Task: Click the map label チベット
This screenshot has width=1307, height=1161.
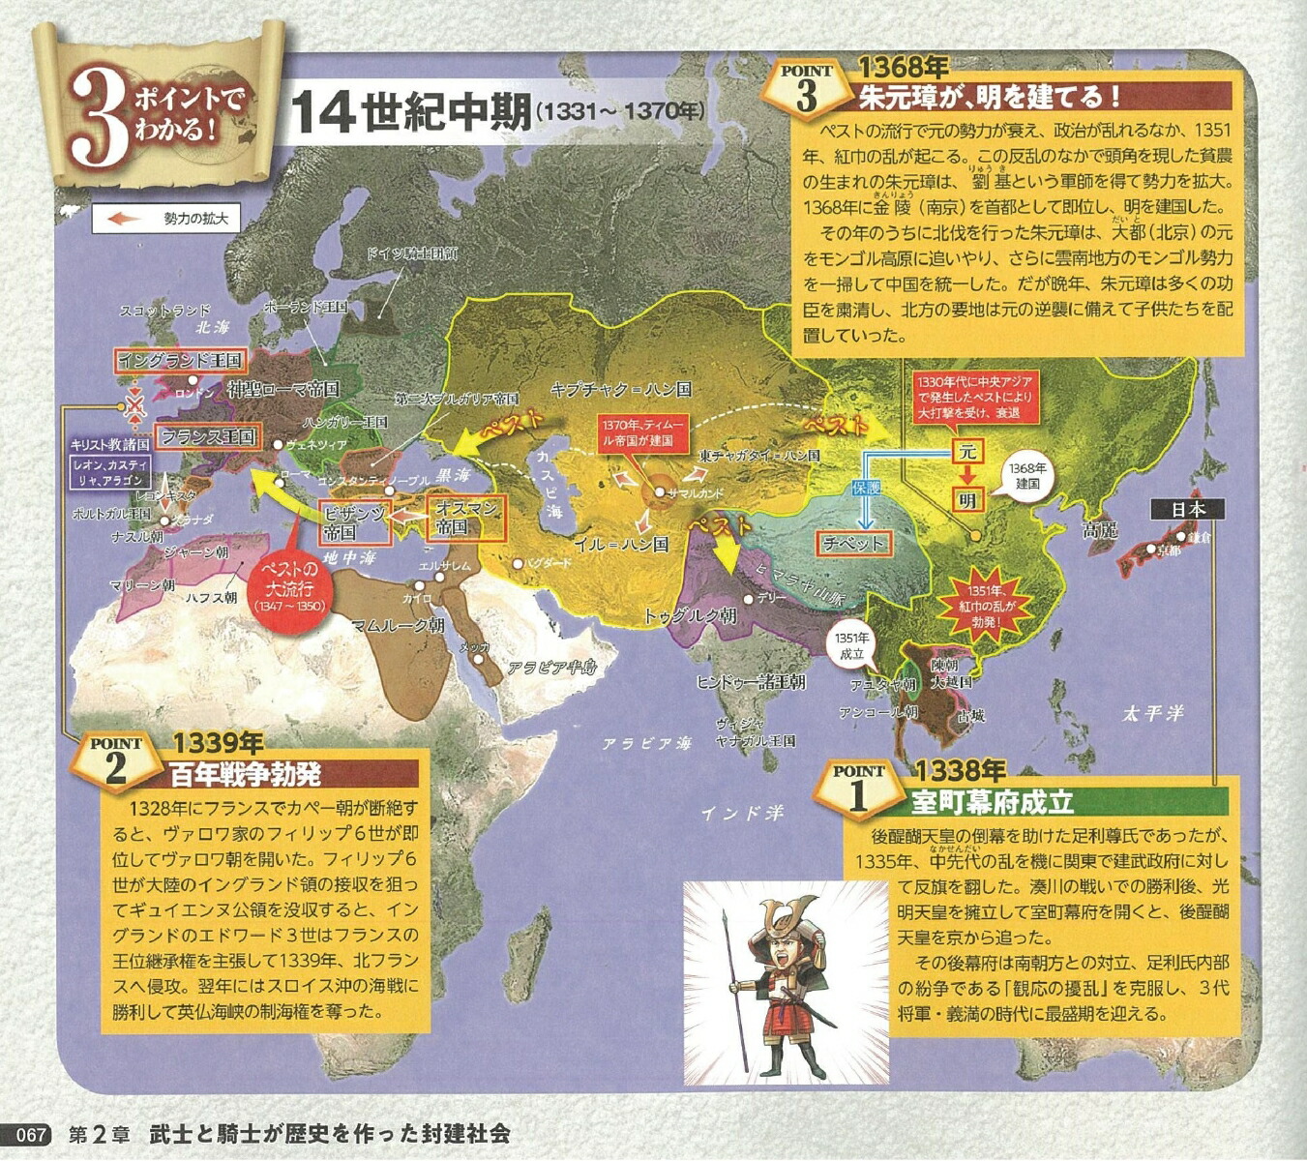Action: pyautogui.click(x=853, y=543)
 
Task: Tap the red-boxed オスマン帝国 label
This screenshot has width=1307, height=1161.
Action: pyautogui.click(x=465, y=518)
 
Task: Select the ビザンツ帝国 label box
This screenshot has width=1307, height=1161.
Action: pyautogui.click(x=354, y=522)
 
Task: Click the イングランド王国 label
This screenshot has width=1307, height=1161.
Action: pyautogui.click(x=180, y=360)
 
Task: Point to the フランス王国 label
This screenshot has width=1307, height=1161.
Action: pyautogui.click(x=208, y=436)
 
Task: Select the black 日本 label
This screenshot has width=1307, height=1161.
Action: pyautogui.click(x=1187, y=509)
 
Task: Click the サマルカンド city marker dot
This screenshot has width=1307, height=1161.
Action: pyautogui.click(x=658, y=492)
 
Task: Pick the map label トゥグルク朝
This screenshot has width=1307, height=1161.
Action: pyautogui.click(x=690, y=615)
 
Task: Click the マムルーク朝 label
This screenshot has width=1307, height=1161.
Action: pyautogui.click(x=398, y=625)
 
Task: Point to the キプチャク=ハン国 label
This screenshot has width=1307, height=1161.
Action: pyautogui.click(x=620, y=389)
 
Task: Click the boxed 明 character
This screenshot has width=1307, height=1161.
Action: pyautogui.click(x=966, y=499)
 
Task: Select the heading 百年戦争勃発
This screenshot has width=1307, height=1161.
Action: pyautogui.click(x=245, y=774)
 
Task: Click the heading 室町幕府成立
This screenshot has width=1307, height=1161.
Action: pyautogui.click(x=992, y=802)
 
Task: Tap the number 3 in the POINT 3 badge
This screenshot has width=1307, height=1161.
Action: pyautogui.click(x=807, y=97)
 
